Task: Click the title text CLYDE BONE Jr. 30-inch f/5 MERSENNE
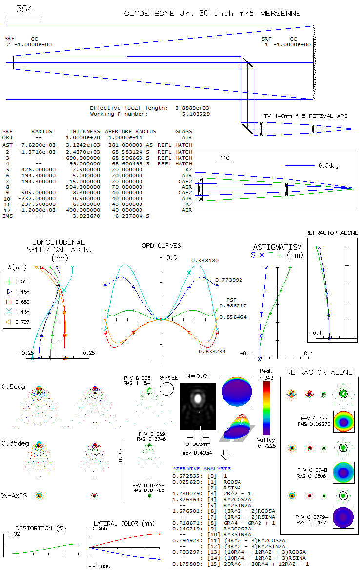tap(212, 13)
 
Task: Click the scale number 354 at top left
tap(24, 9)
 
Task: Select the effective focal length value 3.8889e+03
tap(192, 108)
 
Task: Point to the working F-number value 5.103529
tap(196, 114)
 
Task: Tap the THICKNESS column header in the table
tap(84, 131)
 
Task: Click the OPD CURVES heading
tap(161, 245)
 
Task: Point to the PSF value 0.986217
tap(233, 305)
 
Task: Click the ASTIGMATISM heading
tap(277, 247)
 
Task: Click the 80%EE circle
tap(167, 389)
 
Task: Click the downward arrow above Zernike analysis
tap(225, 455)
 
